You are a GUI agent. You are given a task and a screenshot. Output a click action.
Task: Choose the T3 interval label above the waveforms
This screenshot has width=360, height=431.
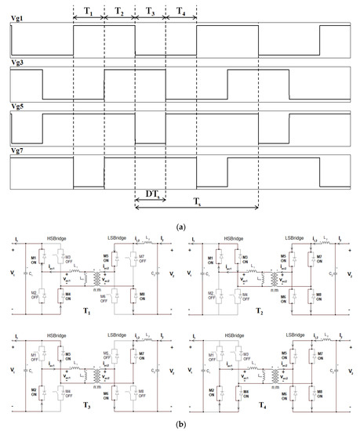pyautogui.click(x=150, y=12)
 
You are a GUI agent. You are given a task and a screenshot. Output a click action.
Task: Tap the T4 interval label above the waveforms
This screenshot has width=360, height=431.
pyautogui.click(x=180, y=12)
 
